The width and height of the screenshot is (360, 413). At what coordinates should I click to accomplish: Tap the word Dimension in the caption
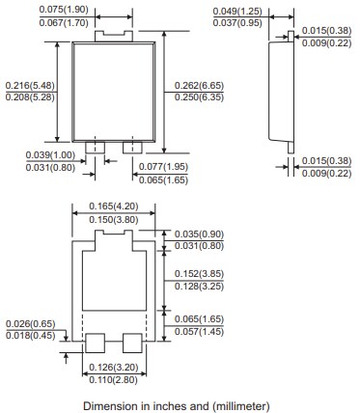(109, 405)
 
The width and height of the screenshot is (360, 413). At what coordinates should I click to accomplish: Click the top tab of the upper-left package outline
(112, 35)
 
